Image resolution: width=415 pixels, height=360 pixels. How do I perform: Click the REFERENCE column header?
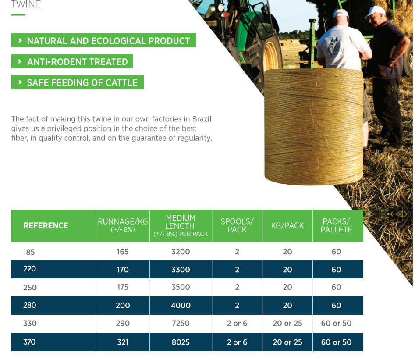pos(46,226)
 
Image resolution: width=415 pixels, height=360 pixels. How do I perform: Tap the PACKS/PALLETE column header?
pos(336,225)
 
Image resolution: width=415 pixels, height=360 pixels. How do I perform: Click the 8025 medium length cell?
pos(181,342)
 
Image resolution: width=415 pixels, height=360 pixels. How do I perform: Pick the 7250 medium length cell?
pos(181,323)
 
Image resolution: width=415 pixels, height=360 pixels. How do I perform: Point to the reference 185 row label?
pos(29,252)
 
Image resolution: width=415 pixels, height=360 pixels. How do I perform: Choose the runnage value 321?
pos(123,342)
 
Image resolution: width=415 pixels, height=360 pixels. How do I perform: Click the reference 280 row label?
pos(30,305)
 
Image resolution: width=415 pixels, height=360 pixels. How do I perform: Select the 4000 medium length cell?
pos(181,306)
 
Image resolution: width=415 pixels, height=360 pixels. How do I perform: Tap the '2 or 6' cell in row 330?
pos(237,323)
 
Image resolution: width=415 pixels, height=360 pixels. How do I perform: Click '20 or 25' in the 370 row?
pos(287,342)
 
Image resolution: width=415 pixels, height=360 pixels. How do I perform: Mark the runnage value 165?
pos(123,252)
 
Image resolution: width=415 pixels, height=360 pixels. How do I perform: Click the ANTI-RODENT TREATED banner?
pos(72,61)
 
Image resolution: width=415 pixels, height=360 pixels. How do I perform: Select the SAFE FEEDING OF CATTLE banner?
pos(78,82)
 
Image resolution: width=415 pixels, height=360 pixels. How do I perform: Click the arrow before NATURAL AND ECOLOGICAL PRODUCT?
pos(20,40)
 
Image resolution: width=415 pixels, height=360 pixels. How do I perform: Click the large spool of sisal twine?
pos(314,127)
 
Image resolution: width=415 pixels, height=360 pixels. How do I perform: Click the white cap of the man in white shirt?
pos(340,13)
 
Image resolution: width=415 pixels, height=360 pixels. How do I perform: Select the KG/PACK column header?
pos(287,225)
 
